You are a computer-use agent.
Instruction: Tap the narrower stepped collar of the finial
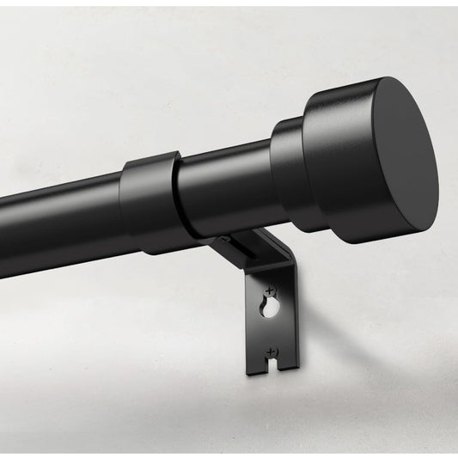(288, 168)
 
